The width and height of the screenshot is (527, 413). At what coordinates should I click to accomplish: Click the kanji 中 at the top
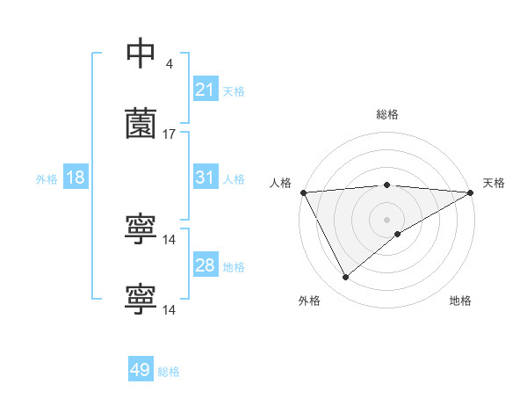141,54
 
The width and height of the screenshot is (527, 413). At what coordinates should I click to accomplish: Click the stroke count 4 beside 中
169,64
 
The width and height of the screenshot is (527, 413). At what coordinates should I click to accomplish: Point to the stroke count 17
170,134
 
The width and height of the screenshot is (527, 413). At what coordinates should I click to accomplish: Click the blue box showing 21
205,90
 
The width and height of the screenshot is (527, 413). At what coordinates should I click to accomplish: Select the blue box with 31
205,178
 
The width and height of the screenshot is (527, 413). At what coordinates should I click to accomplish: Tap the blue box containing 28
205,265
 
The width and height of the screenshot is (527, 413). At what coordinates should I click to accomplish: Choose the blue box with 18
76,178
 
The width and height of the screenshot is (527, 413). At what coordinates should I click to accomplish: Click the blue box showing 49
141,370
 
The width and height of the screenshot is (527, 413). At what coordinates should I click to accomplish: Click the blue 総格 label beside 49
169,372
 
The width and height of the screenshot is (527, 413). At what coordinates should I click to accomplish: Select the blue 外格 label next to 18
47,178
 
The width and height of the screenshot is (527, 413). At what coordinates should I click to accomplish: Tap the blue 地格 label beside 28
234,266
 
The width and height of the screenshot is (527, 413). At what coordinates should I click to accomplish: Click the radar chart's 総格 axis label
387,114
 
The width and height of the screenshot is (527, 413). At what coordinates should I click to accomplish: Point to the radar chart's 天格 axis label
494,183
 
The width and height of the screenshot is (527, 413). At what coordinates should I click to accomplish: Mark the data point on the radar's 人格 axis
303,192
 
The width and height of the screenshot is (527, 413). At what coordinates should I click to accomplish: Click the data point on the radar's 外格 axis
345,278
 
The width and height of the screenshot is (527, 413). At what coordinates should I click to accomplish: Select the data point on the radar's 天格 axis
471,192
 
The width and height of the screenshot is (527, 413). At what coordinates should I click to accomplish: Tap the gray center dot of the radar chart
387,219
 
